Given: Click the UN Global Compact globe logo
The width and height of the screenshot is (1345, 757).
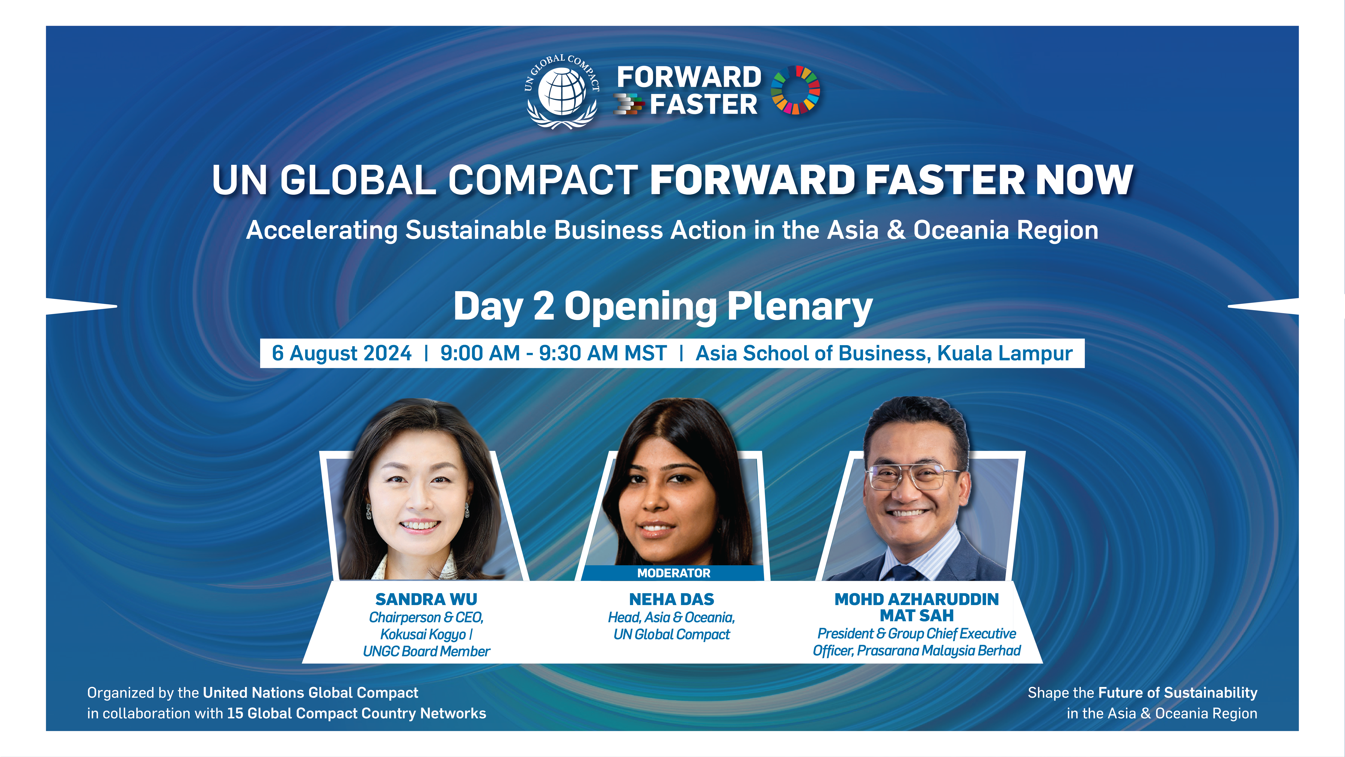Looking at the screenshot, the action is (x=562, y=91).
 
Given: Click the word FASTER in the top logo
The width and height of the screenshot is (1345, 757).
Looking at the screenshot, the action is (x=703, y=104).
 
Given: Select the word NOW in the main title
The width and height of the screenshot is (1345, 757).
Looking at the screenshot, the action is (x=1084, y=180).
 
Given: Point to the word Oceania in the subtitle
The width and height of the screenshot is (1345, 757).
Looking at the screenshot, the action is (x=961, y=230).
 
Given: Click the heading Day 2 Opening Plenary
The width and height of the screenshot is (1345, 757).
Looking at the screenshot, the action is (x=663, y=307).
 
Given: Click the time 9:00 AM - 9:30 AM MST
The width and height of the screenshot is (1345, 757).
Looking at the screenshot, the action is (x=553, y=353).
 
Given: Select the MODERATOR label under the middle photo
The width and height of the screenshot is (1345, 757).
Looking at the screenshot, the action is (x=673, y=573).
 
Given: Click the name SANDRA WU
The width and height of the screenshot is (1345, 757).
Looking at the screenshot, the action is (x=426, y=599).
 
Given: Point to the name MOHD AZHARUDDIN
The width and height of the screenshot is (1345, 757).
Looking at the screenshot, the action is (x=916, y=599).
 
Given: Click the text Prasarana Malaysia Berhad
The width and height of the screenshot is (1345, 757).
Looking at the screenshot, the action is (x=939, y=650).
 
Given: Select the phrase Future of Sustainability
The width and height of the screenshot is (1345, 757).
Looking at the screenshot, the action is (x=1177, y=693).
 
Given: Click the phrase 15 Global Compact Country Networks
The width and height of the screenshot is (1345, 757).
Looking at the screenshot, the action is (x=356, y=714).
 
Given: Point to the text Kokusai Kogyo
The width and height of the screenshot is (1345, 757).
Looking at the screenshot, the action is (x=423, y=634).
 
